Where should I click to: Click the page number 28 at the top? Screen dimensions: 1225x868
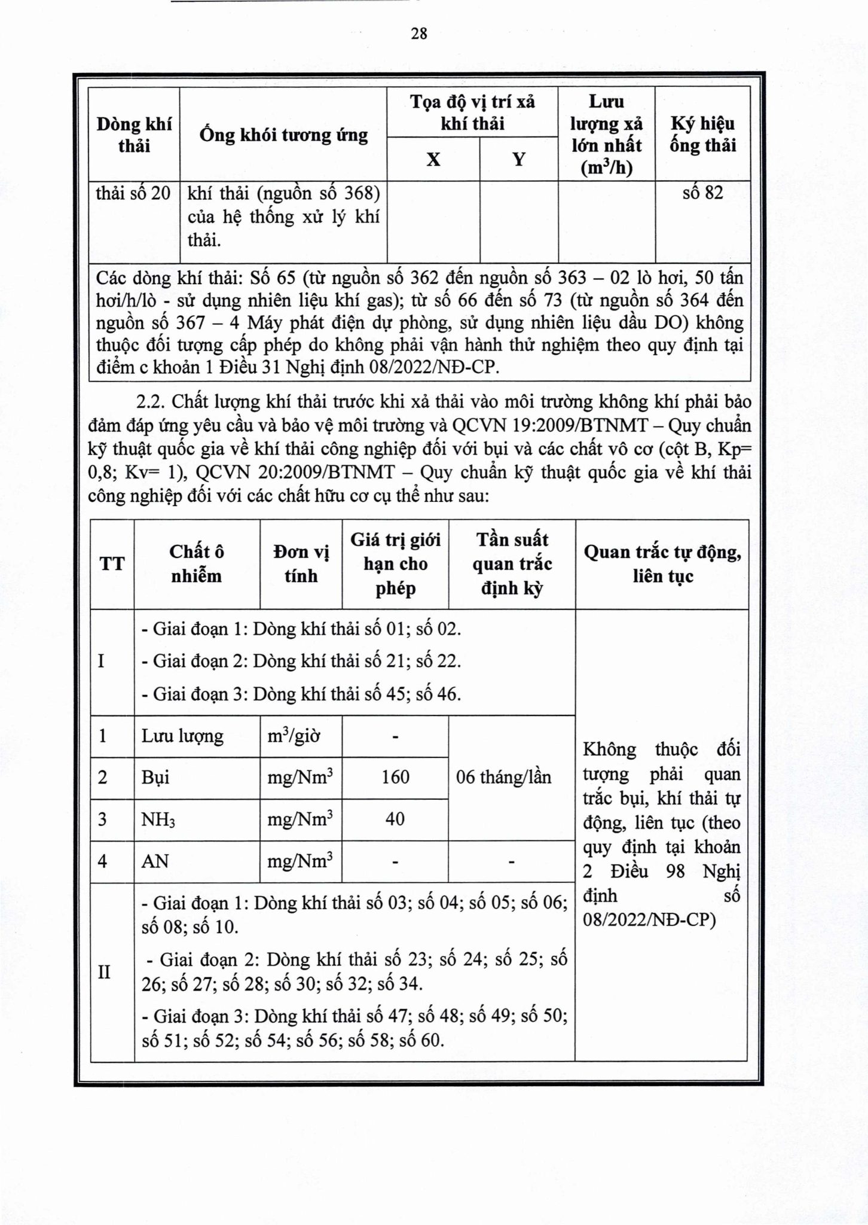419,33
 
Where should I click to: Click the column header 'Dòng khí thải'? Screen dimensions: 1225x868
134,135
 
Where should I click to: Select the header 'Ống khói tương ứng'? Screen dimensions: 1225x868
283,135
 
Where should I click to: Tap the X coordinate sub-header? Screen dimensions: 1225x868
433,159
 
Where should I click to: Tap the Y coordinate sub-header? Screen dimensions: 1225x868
519,159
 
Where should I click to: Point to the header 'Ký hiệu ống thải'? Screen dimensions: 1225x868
702,135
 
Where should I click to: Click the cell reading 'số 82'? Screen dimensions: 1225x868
702,193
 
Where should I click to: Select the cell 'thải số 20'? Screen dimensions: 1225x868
133,193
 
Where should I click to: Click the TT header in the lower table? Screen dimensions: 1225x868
112,563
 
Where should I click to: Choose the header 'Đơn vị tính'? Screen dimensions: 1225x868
301,563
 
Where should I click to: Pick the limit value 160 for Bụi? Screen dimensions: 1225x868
395,777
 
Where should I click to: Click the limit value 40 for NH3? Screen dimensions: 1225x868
395,819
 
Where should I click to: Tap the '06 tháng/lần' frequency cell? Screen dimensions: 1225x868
503,777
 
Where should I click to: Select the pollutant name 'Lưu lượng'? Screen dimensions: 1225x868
182,736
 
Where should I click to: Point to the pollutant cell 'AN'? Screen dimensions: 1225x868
155,861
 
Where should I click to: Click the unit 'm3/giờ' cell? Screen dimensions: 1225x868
294,736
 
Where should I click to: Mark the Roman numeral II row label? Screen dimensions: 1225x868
104,972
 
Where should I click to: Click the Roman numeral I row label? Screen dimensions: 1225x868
101,662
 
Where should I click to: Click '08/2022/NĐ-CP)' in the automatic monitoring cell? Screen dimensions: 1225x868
649,919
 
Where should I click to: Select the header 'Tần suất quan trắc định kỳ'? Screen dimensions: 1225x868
512,563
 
